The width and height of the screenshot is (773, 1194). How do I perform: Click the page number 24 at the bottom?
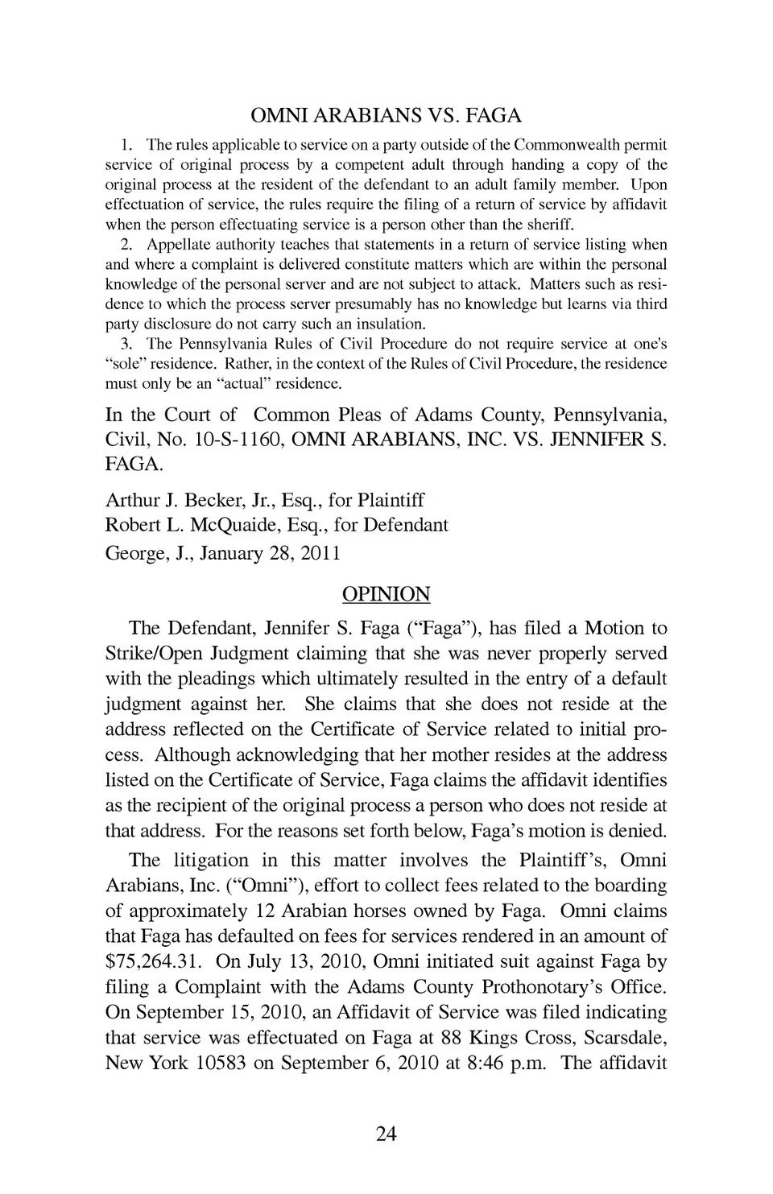(386, 1134)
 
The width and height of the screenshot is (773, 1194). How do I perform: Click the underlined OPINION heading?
(386, 594)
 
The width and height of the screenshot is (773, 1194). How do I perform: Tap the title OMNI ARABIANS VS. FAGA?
(386, 115)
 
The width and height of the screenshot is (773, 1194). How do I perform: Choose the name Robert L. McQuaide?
(188, 525)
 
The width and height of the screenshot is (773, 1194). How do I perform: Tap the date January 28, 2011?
(270, 553)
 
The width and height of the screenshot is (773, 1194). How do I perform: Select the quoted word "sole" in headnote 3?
(126, 364)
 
